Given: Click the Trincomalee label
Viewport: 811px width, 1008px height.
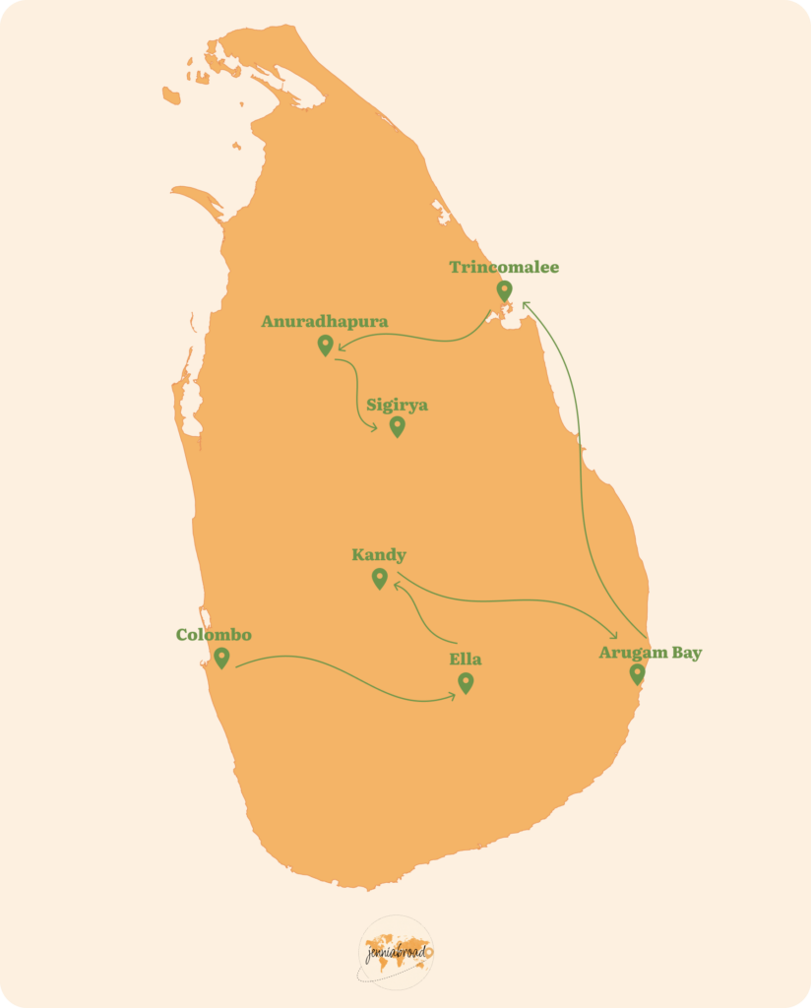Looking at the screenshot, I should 504,267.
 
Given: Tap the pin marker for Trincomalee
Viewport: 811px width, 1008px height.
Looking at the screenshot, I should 505,290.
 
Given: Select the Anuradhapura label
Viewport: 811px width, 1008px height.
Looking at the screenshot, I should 324,322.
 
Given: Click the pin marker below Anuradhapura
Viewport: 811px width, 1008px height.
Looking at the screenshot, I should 326,345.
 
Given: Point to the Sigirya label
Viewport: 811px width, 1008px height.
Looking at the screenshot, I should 397,405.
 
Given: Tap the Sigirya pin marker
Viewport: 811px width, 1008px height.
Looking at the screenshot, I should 398,426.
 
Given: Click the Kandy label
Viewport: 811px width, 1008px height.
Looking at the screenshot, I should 379,555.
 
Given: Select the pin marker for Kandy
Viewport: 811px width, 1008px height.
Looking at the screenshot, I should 380,579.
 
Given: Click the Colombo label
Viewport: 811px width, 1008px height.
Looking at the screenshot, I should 214,635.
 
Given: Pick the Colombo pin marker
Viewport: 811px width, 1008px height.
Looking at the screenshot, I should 221,658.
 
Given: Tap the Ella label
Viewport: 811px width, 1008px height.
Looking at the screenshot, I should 466,660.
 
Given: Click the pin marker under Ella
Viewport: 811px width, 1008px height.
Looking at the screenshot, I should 466,683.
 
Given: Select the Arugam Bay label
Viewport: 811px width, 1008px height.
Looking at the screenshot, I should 651,653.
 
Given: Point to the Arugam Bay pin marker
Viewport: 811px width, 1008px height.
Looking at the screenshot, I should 637,674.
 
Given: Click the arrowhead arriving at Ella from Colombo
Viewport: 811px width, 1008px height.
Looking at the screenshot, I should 452,695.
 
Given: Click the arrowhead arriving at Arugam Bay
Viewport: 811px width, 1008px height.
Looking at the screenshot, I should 613,638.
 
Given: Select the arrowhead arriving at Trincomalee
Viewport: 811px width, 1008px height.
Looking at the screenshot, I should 525,304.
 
